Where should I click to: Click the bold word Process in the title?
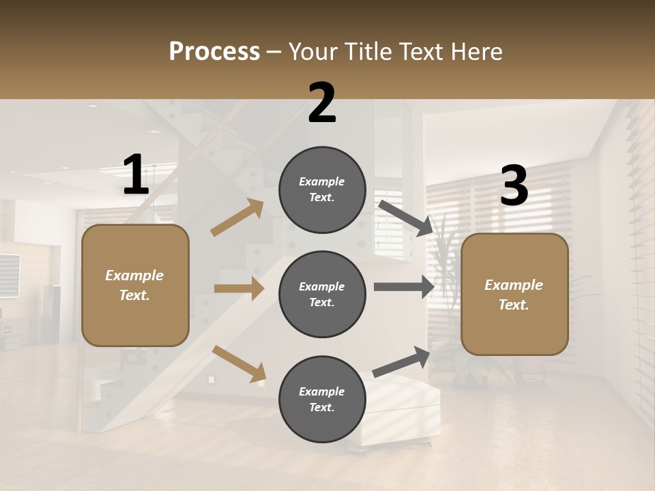(x=214, y=52)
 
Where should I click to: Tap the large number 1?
(x=135, y=175)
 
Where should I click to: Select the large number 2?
(x=322, y=103)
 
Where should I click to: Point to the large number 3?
(x=514, y=187)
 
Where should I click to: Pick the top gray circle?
(x=322, y=190)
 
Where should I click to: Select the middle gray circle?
(x=322, y=294)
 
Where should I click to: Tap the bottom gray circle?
(x=322, y=399)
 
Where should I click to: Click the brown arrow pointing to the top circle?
(x=237, y=218)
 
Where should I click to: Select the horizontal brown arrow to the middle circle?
(x=239, y=288)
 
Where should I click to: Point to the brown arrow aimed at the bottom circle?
(x=239, y=363)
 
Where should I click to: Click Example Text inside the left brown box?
(x=134, y=285)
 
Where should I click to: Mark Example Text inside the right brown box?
(x=514, y=295)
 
